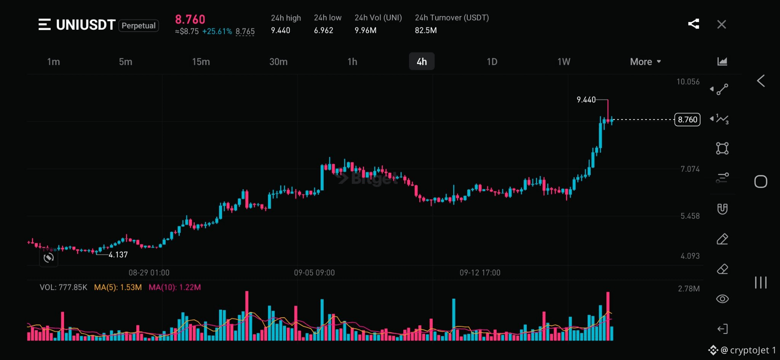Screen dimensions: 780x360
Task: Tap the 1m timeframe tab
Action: (x=53, y=62)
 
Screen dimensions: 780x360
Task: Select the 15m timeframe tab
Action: (x=201, y=62)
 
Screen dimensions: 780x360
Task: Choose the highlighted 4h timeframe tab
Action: (x=422, y=61)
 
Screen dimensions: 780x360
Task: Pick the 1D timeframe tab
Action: (x=492, y=62)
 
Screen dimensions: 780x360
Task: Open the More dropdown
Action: (x=645, y=62)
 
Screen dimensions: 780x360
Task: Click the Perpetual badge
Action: (x=139, y=26)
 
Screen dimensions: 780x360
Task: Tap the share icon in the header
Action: (x=694, y=24)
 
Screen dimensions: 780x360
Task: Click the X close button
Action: (x=721, y=24)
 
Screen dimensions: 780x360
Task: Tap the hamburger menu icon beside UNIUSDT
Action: (x=45, y=24)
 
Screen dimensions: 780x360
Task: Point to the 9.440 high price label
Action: (x=586, y=100)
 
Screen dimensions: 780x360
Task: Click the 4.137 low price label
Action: (x=118, y=255)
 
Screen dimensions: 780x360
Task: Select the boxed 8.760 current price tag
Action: (x=687, y=120)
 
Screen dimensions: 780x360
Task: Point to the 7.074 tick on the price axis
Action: (x=690, y=169)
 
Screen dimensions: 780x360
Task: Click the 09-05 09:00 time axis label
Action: (x=314, y=273)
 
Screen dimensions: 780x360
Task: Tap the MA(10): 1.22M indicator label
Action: (x=174, y=287)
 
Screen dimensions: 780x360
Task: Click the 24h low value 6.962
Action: (x=323, y=30)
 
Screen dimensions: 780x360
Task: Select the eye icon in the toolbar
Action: (x=722, y=299)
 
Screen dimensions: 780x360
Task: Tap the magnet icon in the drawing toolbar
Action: (x=722, y=209)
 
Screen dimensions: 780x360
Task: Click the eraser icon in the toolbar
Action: (x=722, y=269)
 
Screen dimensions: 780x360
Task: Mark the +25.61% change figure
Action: (x=217, y=32)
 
